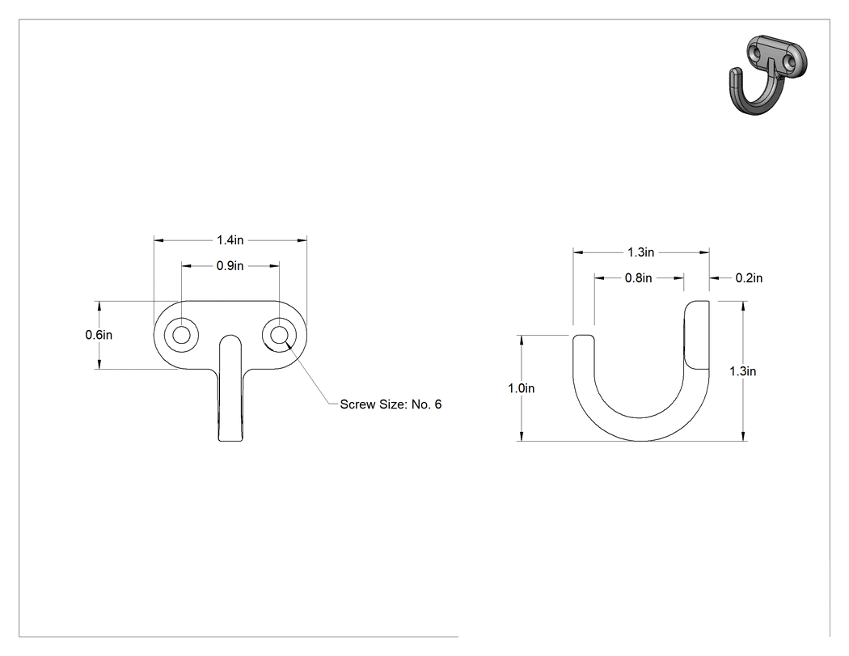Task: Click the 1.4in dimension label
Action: click(230, 239)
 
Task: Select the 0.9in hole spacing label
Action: click(230, 265)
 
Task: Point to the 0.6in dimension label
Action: click(99, 335)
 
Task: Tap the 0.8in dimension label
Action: click(639, 278)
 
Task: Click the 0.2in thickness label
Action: click(749, 278)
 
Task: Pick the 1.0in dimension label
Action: click(521, 388)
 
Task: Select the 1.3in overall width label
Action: click(641, 252)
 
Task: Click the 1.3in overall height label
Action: click(743, 371)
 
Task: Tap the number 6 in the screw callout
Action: click(437, 404)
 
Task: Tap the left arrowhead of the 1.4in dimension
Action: click(158, 239)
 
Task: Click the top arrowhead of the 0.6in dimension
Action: click(99, 306)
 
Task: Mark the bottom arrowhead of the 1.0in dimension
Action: click(521, 437)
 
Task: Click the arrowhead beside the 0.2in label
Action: click(714, 278)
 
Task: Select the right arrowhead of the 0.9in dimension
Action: click(275, 265)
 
